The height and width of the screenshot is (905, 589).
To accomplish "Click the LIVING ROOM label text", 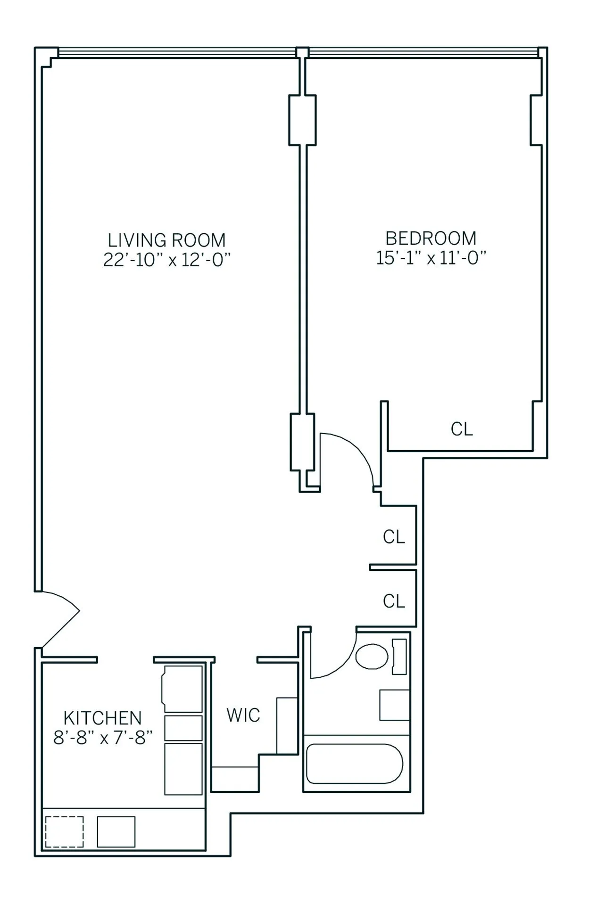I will click(x=166, y=240).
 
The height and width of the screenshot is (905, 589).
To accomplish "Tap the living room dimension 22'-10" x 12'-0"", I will click(x=166, y=260).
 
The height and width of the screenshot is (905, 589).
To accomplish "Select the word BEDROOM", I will click(x=431, y=239).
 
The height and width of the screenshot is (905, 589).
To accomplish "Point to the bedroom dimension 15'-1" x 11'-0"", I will click(x=431, y=258).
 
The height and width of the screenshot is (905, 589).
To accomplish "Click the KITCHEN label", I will click(x=102, y=718).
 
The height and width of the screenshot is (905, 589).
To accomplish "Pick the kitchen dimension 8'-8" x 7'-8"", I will click(x=102, y=737).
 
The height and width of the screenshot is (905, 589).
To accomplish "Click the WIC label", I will click(x=243, y=715).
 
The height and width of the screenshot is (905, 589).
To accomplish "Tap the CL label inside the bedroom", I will click(x=461, y=429).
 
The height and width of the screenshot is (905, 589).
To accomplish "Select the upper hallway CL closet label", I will click(x=394, y=536).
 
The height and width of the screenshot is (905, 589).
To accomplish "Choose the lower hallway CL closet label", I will click(x=394, y=601).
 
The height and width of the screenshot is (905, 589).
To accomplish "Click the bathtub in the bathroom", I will click(x=354, y=764).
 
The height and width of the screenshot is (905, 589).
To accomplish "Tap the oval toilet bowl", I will click(x=372, y=657).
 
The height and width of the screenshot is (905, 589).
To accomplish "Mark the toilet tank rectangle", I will click(x=399, y=657).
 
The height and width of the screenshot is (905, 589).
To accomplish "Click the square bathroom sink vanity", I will click(x=394, y=705).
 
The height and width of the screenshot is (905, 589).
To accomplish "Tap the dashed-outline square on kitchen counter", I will click(x=64, y=831).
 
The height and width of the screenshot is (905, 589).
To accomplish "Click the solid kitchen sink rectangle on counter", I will click(x=116, y=831).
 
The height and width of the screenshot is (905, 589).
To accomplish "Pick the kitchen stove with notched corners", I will click(x=183, y=689).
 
